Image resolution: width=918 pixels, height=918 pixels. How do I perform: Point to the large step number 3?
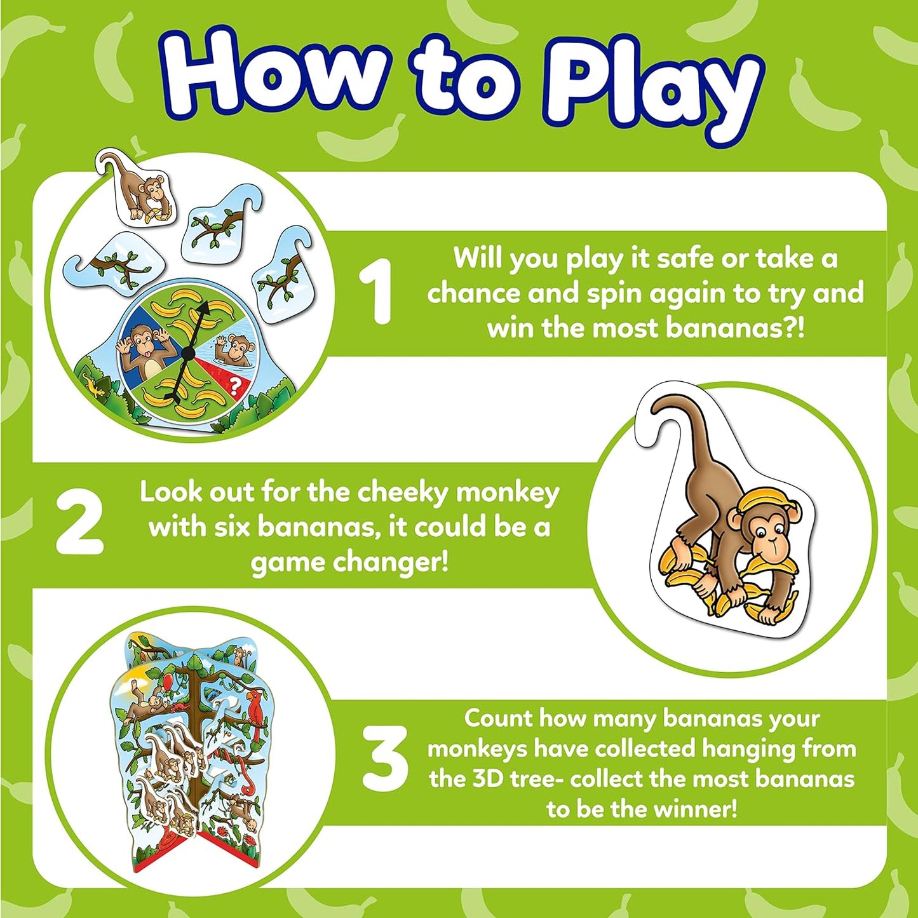click(x=384, y=759)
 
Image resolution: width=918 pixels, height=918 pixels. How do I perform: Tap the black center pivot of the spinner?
click(x=188, y=351)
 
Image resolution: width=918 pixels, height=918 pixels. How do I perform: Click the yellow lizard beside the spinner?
click(x=89, y=384)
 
